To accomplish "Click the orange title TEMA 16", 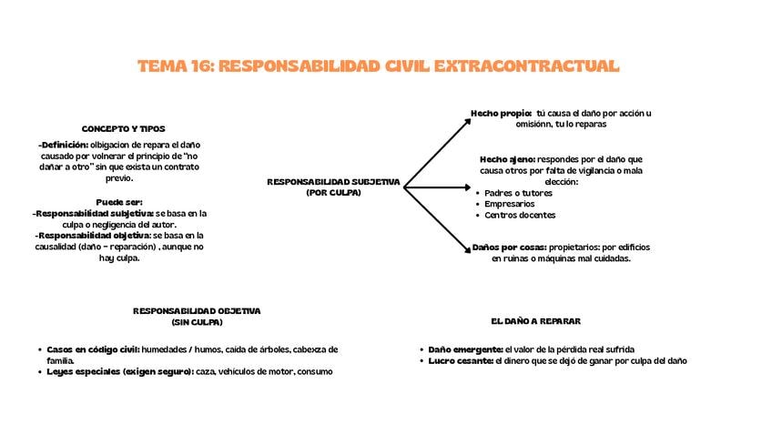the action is tap(379, 66).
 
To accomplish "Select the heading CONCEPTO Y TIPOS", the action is tap(124, 129).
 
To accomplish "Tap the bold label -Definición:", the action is tap(64, 144).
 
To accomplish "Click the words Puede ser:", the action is tap(119, 201).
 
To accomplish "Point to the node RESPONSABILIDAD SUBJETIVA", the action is tap(333, 181).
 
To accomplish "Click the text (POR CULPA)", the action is tap(333, 193).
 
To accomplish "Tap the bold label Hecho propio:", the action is tap(501, 113).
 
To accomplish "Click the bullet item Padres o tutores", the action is tap(514, 192).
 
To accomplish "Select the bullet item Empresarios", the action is tap(510, 204).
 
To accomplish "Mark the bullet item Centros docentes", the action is tap(520, 216).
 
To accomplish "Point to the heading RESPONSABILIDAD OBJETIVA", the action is tap(197, 310).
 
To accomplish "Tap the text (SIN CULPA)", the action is tap(197, 322).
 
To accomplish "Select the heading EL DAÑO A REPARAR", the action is tap(535, 322).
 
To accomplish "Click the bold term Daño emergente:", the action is tap(465, 348).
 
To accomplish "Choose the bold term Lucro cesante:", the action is tap(461, 360).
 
